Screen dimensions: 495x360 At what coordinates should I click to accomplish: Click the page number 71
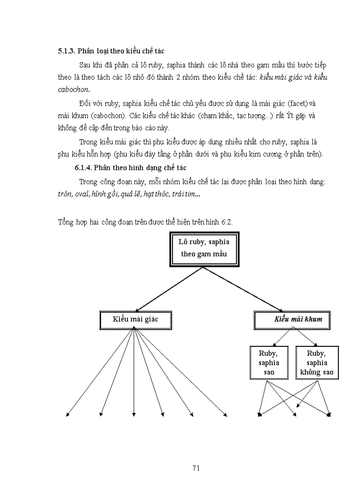click(x=197, y=468)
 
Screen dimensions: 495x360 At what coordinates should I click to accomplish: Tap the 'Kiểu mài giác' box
click(x=135, y=319)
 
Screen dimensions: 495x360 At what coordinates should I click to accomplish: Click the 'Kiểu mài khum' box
click(x=298, y=319)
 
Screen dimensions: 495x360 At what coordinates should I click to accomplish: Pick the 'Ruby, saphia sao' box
click(x=269, y=363)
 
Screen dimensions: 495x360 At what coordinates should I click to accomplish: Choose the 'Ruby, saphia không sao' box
click(x=317, y=363)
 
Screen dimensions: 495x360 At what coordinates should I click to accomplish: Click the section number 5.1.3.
click(x=67, y=52)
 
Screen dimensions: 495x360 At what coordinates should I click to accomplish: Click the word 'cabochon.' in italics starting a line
click(x=73, y=89)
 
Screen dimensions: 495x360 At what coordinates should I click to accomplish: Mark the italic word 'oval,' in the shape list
click(x=82, y=194)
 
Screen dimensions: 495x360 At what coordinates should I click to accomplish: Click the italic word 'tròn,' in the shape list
click(x=65, y=194)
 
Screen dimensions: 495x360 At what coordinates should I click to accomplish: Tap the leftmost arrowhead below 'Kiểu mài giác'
click(x=67, y=414)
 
